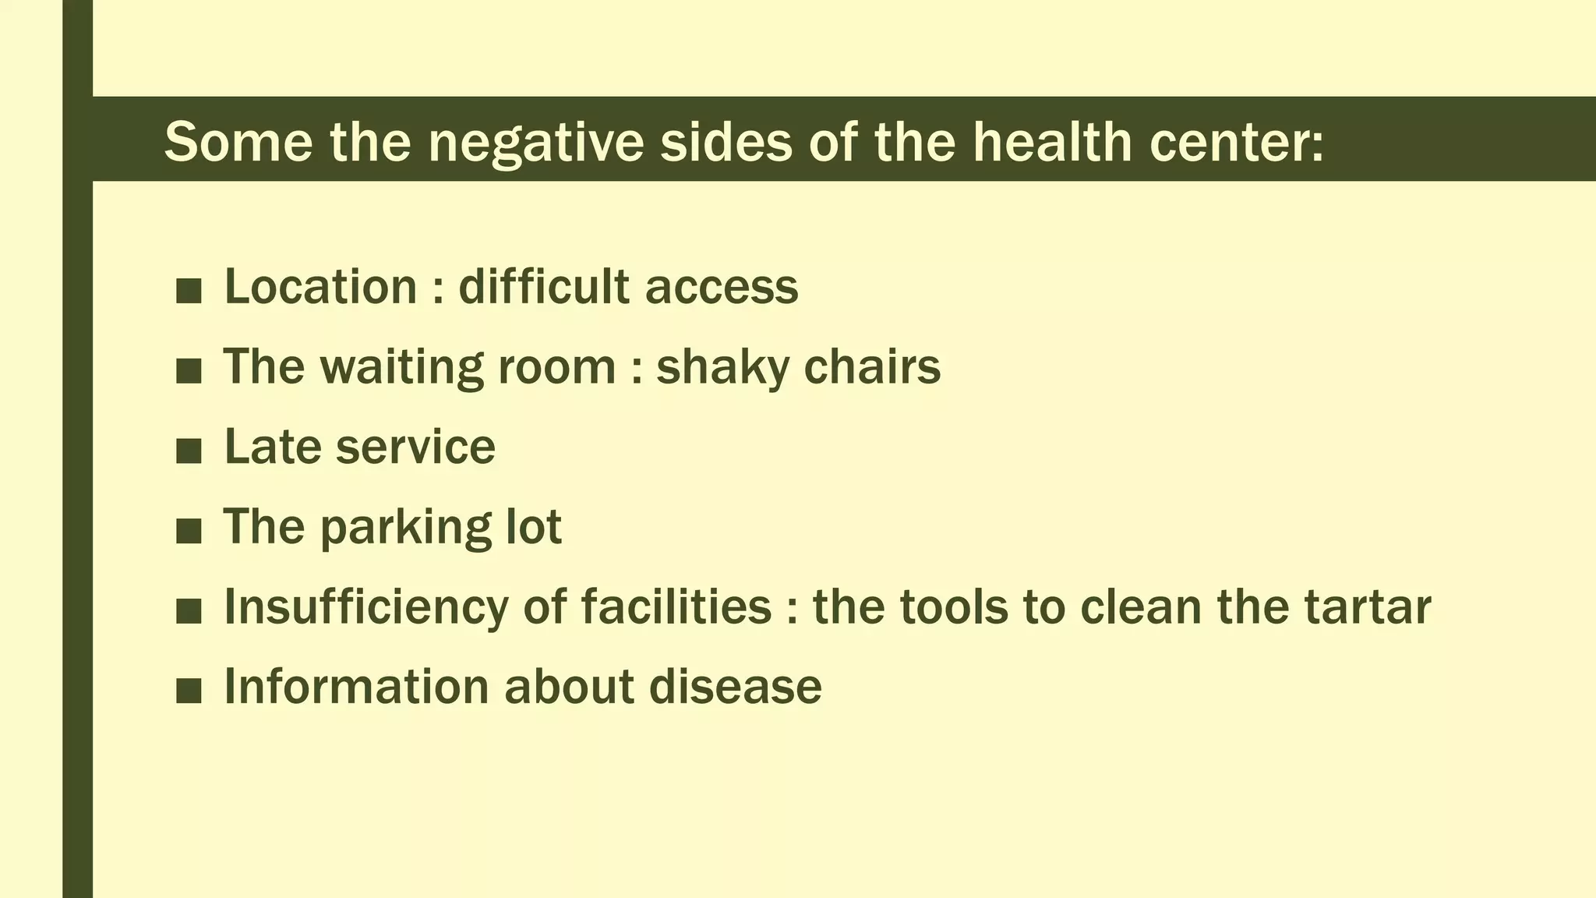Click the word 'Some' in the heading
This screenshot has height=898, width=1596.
click(x=238, y=142)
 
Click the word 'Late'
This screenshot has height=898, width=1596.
click(x=274, y=447)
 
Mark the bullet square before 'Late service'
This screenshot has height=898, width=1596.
click(x=189, y=451)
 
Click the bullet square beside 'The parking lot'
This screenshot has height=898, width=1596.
click(x=189, y=531)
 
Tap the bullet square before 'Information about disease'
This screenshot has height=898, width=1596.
click(x=189, y=691)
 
